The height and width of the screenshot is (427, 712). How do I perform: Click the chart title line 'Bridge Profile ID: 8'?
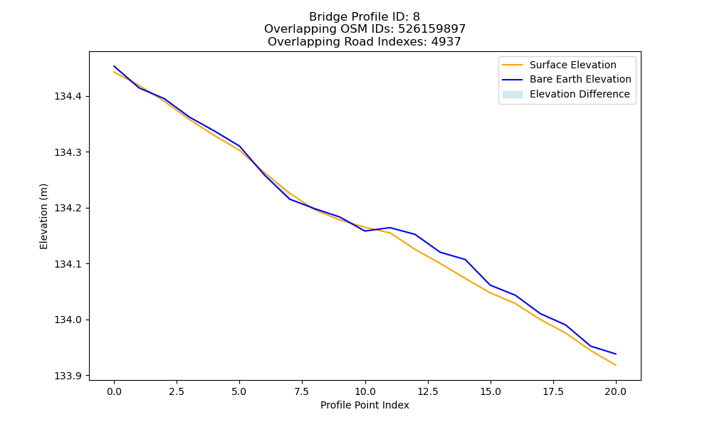[x=365, y=17]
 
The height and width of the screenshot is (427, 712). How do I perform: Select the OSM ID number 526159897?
[x=432, y=29]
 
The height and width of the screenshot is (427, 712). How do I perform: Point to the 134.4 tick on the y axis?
[x=68, y=96]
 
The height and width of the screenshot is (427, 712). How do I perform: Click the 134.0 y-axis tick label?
[x=68, y=320]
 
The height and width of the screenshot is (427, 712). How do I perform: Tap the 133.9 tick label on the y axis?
[x=68, y=376]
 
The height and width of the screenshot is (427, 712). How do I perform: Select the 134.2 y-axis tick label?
[x=68, y=209]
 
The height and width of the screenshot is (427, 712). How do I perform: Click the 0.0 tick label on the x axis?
[x=114, y=391]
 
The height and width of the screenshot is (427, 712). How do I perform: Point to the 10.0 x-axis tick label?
[x=365, y=391]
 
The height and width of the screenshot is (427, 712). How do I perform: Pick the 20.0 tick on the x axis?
[x=616, y=391]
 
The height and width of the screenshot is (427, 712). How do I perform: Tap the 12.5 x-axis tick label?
[x=428, y=391]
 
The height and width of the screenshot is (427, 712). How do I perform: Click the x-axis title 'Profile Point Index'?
[x=365, y=405]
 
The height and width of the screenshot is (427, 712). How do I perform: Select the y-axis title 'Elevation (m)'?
[x=43, y=216]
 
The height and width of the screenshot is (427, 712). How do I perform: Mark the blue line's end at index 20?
[x=616, y=354]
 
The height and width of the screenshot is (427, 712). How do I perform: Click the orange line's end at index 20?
[x=616, y=365]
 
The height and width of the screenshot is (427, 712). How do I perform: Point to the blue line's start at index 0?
[x=114, y=66]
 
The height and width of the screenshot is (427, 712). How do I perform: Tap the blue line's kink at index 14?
[x=465, y=260]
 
